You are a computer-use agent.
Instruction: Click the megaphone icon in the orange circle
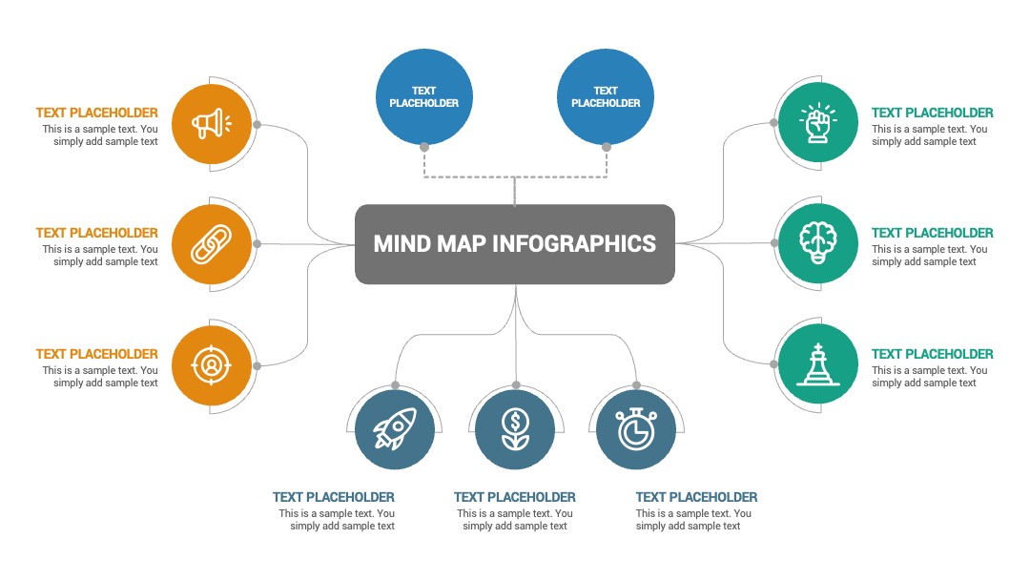point(211,123)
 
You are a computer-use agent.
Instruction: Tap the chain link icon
point(211,244)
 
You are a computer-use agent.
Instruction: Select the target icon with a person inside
point(211,364)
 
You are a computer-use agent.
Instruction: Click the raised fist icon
point(818,123)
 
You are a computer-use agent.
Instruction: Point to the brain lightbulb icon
point(818,243)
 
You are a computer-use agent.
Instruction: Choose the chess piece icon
point(818,363)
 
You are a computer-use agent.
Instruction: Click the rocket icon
point(395,429)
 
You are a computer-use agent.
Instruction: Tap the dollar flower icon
point(516,429)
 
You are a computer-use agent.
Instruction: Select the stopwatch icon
point(636,429)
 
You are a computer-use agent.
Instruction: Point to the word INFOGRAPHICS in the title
point(573,243)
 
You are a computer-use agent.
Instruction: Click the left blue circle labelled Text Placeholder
point(424,96)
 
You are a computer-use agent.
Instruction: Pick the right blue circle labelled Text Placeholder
point(606,96)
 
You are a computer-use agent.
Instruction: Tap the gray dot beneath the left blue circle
point(424,147)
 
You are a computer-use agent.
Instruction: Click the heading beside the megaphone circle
point(97,113)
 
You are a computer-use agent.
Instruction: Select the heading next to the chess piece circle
point(932,354)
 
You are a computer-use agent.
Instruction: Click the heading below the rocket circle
point(334,497)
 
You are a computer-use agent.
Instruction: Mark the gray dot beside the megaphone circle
point(257,125)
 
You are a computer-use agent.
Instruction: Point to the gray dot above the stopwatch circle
point(636,385)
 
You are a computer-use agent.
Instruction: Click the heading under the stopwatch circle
point(696,497)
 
